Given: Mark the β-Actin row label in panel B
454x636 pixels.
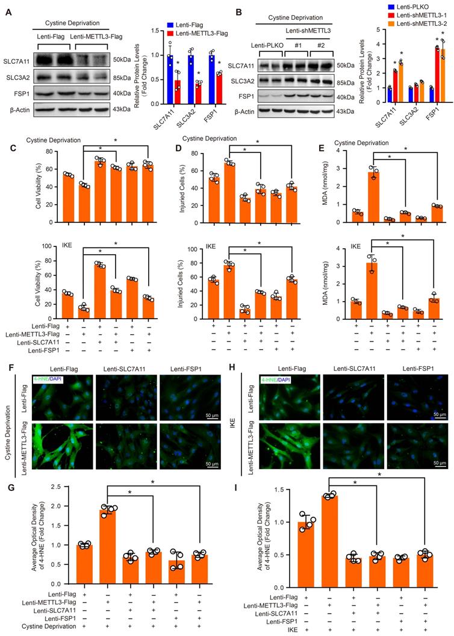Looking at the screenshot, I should point(251,111).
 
